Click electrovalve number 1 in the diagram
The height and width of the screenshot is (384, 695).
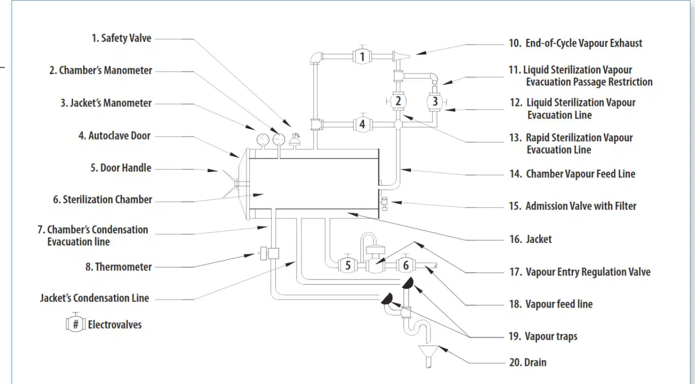pos(362,56)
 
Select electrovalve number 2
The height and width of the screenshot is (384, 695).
pos(398,101)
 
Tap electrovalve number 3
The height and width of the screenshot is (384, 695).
pos(435,101)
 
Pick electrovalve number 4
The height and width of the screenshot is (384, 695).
pos(363,124)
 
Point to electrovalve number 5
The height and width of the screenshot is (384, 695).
pos(348,265)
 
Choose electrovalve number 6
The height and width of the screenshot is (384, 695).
pos(406,265)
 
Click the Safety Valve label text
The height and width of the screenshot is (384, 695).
pos(121,38)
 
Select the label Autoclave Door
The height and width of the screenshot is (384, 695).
pos(115,136)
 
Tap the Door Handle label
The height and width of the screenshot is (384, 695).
pos(121,168)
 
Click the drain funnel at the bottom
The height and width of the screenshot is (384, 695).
pos(429,356)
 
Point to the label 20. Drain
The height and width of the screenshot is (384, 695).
pos(528,362)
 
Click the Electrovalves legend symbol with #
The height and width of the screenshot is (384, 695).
pos(75,323)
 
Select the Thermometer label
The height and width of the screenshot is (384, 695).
pos(118,267)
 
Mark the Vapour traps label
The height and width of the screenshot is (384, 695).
pos(543,336)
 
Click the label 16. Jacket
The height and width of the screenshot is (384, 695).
pos(530,239)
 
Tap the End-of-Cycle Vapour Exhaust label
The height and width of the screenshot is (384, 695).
pos(576,43)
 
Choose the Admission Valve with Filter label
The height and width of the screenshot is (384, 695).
pos(572,206)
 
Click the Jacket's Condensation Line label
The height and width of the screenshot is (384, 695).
pos(95,298)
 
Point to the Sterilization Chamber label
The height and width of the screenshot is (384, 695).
pos(102,199)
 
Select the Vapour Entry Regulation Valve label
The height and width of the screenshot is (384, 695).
pos(580,272)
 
